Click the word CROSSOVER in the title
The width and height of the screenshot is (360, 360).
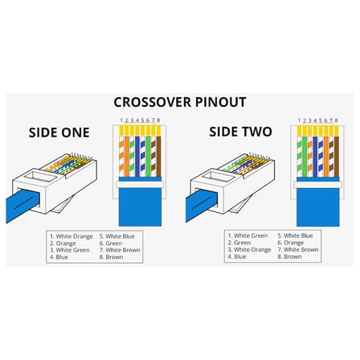point(153,102)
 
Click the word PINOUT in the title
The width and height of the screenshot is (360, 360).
point(221,102)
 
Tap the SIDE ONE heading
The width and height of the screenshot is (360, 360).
point(59,133)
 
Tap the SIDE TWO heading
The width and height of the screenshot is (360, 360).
point(240,132)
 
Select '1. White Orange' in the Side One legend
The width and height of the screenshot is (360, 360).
point(72,236)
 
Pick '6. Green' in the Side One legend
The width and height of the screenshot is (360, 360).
point(111,243)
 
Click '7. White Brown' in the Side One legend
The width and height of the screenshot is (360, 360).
point(120,250)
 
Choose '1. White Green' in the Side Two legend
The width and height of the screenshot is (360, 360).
point(247,235)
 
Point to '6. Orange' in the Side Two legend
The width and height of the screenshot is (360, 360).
point(291,243)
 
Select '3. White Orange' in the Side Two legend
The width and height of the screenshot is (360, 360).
point(249,250)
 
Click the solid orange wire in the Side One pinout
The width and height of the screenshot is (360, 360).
point(127,157)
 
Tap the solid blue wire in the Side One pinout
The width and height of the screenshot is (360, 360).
point(137,157)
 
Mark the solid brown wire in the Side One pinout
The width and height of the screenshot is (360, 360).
point(158,157)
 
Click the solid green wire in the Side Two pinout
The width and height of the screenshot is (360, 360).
point(305,157)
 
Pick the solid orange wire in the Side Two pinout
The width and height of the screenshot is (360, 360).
point(325,157)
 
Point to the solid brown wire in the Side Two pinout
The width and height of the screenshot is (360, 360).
point(337,157)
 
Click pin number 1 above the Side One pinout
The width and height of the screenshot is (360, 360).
point(121,121)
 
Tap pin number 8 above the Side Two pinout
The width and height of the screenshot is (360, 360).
point(336,121)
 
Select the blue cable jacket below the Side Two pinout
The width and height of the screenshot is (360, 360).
point(318,207)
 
